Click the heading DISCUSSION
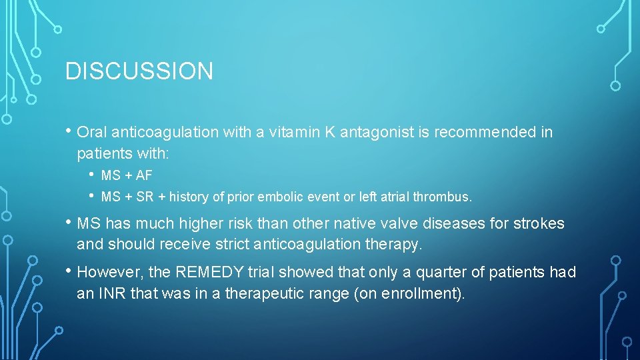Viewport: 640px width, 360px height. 139,71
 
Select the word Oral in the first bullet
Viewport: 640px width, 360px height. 91,133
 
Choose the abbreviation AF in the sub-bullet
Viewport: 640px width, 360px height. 144,176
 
